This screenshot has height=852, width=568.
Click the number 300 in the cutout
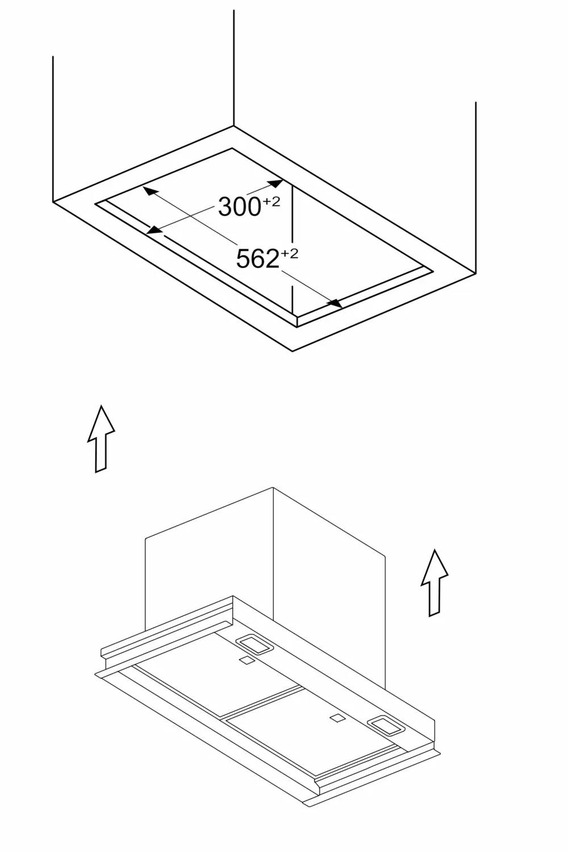pyautogui.click(x=239, y=207)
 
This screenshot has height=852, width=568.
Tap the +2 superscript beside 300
pyautogui.click(x=272, y=201)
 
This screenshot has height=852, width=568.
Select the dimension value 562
pyautogui.click(x=257, y=258)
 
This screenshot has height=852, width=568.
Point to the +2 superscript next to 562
pyautogui.click(x=290, y=253)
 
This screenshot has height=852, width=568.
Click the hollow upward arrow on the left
pyautogui.click(x=101, y=438)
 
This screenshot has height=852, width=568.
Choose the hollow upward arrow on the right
pyautogui.click(x=435, y=583)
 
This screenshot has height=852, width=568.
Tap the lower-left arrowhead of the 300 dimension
pyautogui.click(x=154, y=229)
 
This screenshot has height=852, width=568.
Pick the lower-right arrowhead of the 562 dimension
pyautogui.click(x=335, y=303)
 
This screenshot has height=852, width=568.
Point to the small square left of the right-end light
pyautogui.click(x=337, y=718)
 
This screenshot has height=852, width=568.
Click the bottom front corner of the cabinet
pyautogui.click(x=292, y=352)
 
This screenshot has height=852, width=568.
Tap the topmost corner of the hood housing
pyautogui.click(x=273, y=487)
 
